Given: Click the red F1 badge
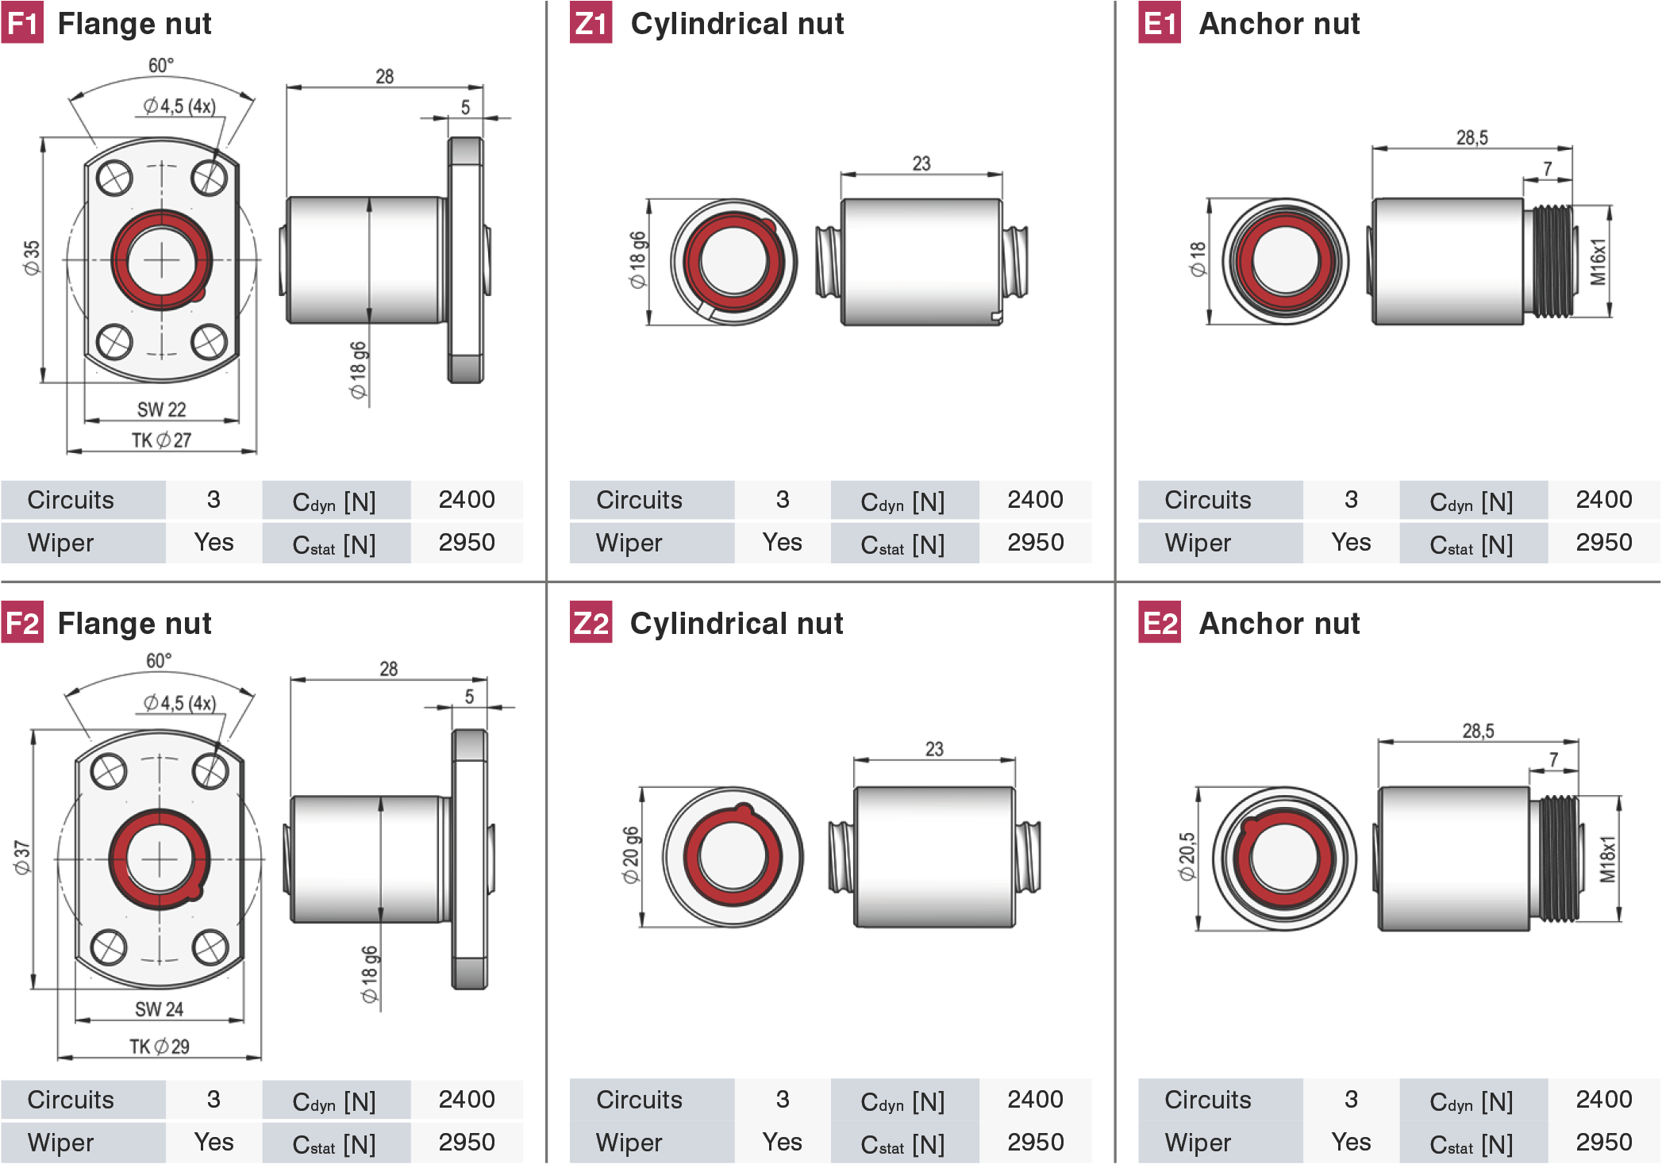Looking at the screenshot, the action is tap(22, 23).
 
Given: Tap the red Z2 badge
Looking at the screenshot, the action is tap(591, 623).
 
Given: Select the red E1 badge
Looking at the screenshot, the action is tap(1160, 23).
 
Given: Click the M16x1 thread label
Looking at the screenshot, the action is tap(1599, 261).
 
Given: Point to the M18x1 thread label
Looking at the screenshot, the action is tap(1607, 859).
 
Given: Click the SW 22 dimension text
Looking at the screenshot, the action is tap(161, 409).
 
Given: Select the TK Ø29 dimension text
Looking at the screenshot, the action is tap(160, 1047).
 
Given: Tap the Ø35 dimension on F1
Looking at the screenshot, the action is tap(31, 258).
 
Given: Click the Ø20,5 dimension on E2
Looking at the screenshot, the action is tap(1187, 856).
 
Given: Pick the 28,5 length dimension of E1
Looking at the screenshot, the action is tap(1472, 137).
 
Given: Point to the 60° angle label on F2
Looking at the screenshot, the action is tap(159, 660).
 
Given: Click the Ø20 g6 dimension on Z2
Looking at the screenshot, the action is tap(630, 855).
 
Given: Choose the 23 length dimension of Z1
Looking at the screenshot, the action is tap(921, 163).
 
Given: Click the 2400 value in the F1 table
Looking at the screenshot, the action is tap(467, 499).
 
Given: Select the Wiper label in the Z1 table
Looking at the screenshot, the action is tap(629, 543).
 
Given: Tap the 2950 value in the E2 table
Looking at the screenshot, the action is tap(1604, 1142).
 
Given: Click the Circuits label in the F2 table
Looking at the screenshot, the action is tap(71, 1099).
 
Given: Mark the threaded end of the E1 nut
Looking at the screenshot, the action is tap(1549, 261).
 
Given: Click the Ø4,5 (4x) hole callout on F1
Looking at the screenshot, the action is tap(179, 106).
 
